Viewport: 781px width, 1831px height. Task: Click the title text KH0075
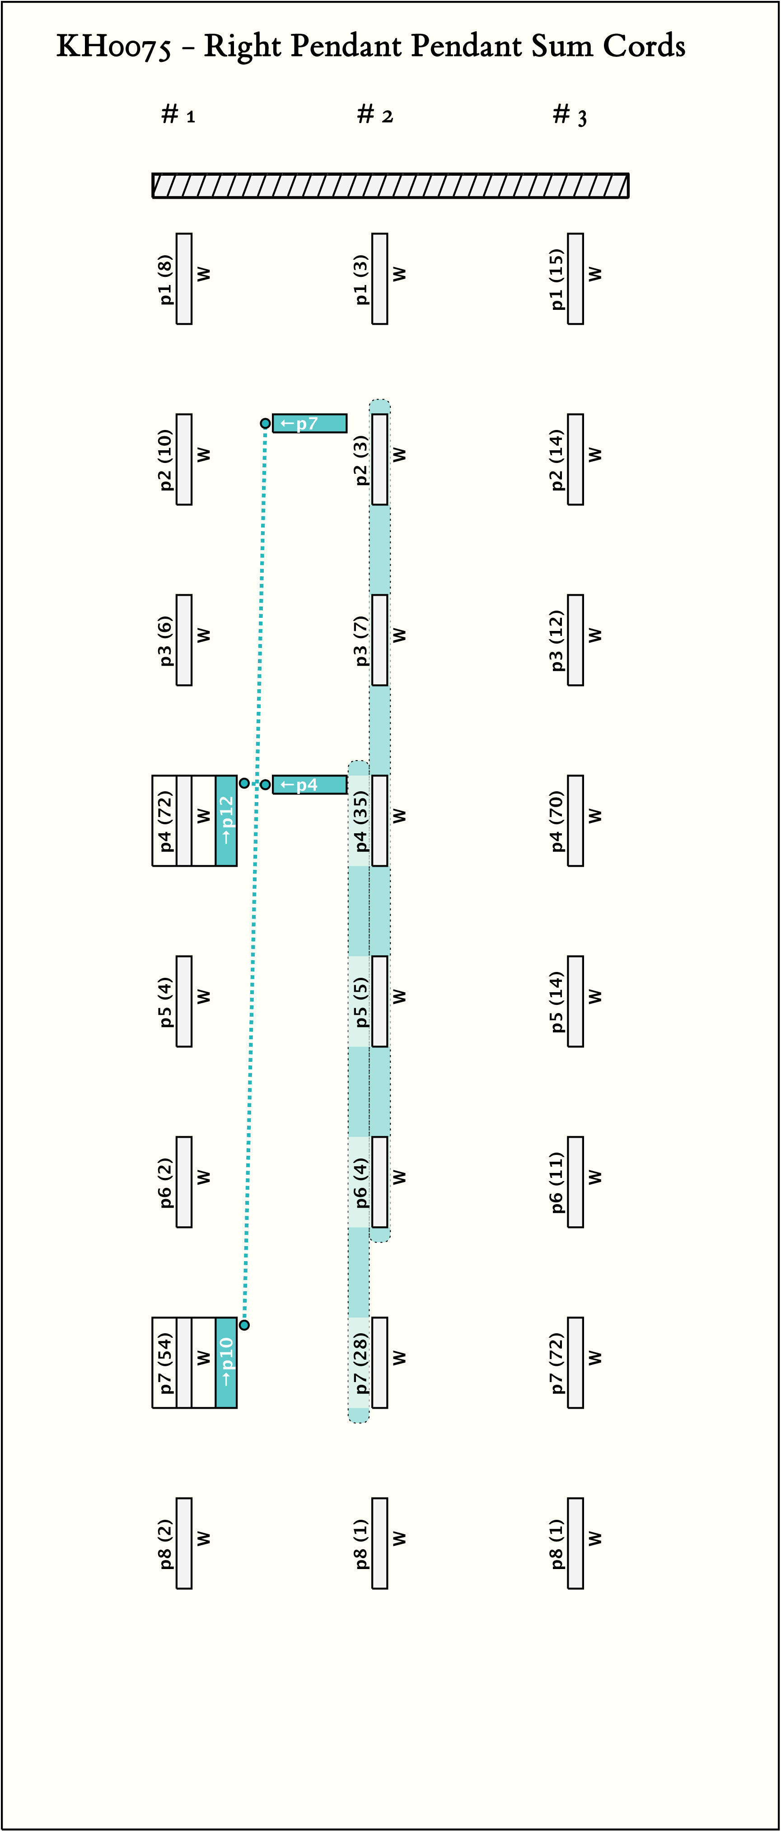(x=114, y=47)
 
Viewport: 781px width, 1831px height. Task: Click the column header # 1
(x=178, y=114)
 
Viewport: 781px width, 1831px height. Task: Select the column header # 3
(x=570, y=114)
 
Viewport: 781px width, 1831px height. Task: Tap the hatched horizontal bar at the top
(x=390, y=186)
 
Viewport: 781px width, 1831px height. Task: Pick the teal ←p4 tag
(x=309, y=785)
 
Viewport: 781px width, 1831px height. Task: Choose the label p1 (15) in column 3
(x=557, y=279)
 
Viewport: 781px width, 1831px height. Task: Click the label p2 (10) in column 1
(x=165, y=459)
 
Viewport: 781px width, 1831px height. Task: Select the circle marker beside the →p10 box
(x=244, y=1325)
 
